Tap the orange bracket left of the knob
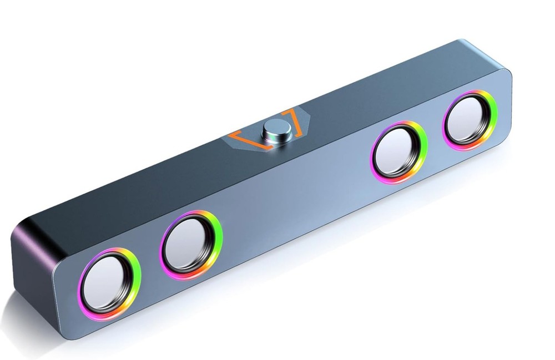point(244,139)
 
